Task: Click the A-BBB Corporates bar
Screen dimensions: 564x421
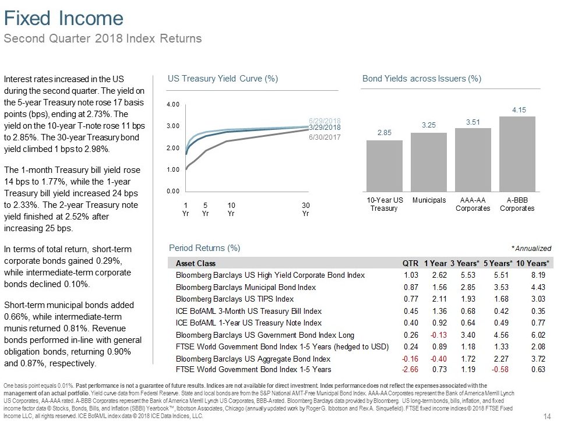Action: pos(517,154)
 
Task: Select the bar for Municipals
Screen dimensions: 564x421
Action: pos(429,162)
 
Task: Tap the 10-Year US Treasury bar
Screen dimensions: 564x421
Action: pos(385,166)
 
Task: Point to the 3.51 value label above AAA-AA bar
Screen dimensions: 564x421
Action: pos(473,122)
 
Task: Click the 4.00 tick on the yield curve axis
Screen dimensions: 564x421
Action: pos(173,105)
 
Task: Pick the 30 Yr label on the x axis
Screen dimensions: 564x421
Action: pos(306,209)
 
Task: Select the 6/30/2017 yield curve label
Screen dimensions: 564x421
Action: pos(325,137)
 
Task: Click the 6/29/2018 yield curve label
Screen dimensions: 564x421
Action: pos(325,121)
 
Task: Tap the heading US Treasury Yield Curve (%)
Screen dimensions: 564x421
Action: pos(223,79)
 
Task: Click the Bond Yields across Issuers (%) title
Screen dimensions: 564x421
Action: pos(422,79)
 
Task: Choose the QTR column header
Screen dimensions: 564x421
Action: pos(410,264)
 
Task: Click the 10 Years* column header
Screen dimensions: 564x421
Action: pos(533,264)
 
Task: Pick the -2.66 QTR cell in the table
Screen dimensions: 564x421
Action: pos(410,370)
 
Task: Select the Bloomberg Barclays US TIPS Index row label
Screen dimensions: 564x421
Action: pos(235,299)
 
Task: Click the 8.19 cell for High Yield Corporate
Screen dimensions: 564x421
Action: pos(538,275)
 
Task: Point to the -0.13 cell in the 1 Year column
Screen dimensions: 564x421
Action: pos(439,335)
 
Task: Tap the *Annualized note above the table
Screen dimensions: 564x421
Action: pos(531,249)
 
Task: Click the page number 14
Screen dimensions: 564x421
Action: pos(547,416)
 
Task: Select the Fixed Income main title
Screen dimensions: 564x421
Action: pos(64,18)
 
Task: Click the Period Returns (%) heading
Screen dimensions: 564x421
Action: pos(205,248)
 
